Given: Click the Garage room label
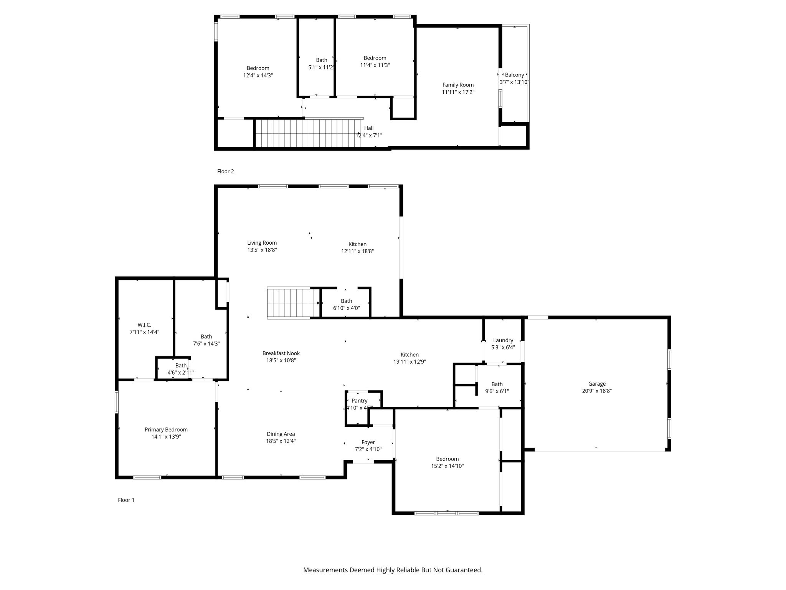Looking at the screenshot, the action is (x=597, y=384).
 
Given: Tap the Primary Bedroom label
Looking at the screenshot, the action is (x=166, y=430).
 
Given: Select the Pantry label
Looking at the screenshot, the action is (x=360, y=401).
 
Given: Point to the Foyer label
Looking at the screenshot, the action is (x=368, y=442).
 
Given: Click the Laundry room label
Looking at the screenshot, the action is (x=503, y=340).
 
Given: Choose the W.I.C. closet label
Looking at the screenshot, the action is (x=144, y=325).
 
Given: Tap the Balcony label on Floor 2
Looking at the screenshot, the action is (x=515, y=75).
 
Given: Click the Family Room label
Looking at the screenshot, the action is (x=458, y=85).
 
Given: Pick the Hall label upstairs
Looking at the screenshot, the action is (x=369, y=128).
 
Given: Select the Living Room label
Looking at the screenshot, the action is (x=262, y=243).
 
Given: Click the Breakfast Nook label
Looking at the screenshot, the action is (x=281, y=353).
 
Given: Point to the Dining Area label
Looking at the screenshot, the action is (x=281, y=434).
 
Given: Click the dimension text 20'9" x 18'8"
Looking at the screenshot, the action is (x=597, y=391).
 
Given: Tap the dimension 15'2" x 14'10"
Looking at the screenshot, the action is (x=447, y=466).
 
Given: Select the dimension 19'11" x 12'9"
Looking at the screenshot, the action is (x=410, y=362).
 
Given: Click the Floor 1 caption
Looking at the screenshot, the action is (x=126, y=500).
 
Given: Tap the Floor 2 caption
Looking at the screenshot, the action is (x=226, y=171).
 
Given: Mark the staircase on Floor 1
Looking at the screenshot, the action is (x=294, y=303).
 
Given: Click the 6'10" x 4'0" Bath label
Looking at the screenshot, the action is (x=347, y=305).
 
